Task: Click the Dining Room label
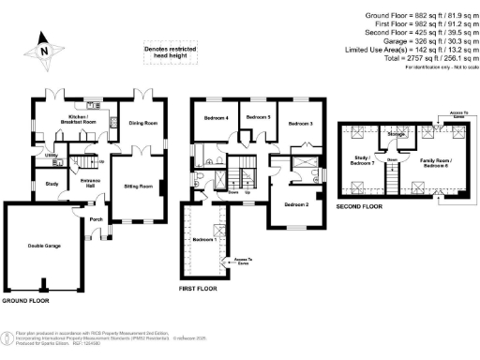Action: click(x=142, y=123)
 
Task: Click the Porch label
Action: click(x=95, y=220)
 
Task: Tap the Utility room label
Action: click(x=52, y=156)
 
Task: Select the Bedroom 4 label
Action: click(x=216, y=117)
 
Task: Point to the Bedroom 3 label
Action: click(x=300, y=123)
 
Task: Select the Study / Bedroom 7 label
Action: click(x=361, y=159)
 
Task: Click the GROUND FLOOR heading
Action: click(x=25, y=302)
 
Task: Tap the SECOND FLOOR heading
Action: click(x=361, y=205)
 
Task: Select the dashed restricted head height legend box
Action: click(x=165, y=54)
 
